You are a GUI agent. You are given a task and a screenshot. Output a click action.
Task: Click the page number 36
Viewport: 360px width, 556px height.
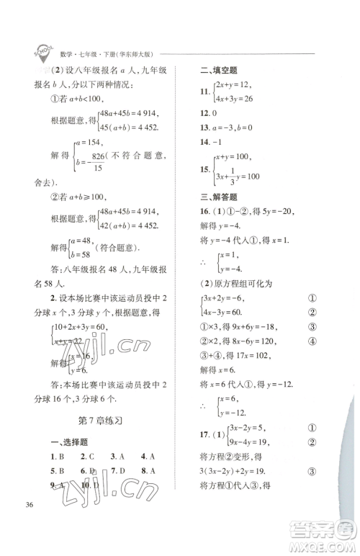pyautogui.click(x=30, y=522)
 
